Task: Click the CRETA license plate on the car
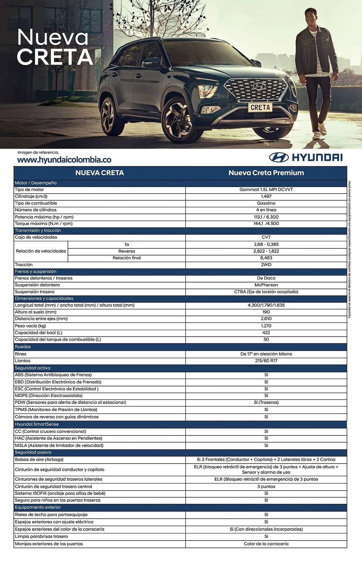(260, 107)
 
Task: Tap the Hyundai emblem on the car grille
(259, 86)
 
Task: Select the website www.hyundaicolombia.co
(64, 160)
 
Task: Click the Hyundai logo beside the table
(306, 157)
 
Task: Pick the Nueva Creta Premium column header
(266, 173)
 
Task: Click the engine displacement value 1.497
(266, 196)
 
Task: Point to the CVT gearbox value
(266, 237)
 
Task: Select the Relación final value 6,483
(266, 258)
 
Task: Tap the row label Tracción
(24, 265)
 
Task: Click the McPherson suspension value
(266, 285)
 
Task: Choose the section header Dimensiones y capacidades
(44, 298)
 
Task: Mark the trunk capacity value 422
(266, 333)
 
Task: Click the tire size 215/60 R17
(266, 361)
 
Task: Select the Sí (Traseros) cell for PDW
(266, 402)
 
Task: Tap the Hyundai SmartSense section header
(37, 424)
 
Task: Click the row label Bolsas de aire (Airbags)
(39, 459)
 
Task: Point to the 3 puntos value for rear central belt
(266, 486)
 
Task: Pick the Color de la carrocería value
(266, 544)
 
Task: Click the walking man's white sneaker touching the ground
(316, 136)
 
